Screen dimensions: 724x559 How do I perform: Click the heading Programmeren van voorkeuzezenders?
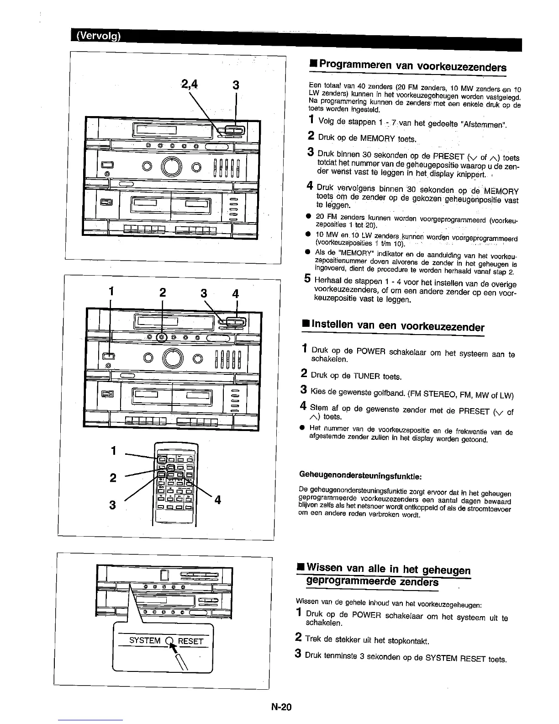(412, 67)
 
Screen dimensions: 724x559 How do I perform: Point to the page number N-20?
(280, 707)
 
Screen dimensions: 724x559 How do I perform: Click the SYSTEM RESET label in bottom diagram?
(166, 640)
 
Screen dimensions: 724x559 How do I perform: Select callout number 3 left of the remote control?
(112, 506)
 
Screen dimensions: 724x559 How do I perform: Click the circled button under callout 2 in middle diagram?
(162, 338)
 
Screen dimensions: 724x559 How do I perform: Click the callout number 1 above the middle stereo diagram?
(110, 292)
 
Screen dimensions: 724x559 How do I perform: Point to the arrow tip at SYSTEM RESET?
(171, 643)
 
